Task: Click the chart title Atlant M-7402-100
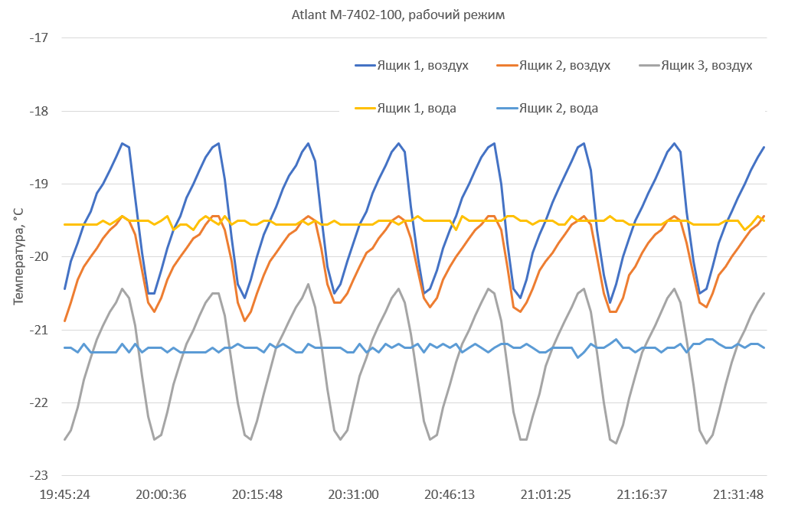pyautogui.click(x=398, y=15)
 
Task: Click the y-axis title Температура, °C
pyautogui.click(x=18, y=256)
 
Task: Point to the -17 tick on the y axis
pyautogui.click(x=38, y=37)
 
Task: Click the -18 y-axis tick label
pyautogui.click(x=38, y=111)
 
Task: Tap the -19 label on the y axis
pyautogui.click(x=38, y=184)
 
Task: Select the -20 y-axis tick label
pyautogui.click(x=38, y=257)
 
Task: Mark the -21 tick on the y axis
pyautogui.click(x=38, y=330)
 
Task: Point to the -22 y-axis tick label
pyautogui.click(x=38, y=403)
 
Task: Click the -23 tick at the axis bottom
pyautogui.click(x=38, y=476)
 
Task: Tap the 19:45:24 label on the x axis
pyautogui.click(x=65, y=494)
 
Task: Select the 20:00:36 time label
pyautogui.click(x=162, y=494)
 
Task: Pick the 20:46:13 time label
pyautogui.click(x=450, y=494)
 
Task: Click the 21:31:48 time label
pyautogui.click(x=738, y=494)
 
